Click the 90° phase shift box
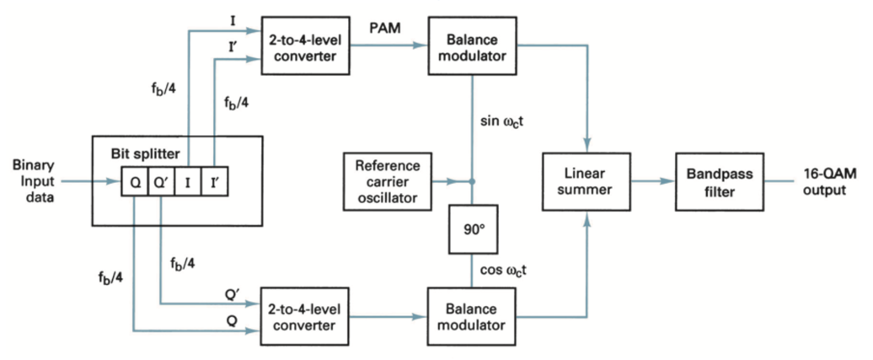point(470,228)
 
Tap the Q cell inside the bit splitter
point(135,181)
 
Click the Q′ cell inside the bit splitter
point(160,181)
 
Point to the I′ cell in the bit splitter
point(213,181)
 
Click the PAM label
point(384,29)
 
